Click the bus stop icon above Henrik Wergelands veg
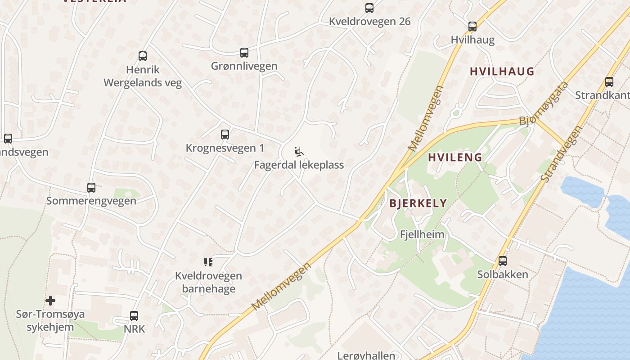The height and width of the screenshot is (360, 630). point(143,56)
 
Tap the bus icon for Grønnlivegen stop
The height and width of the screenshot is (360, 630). point(244,53)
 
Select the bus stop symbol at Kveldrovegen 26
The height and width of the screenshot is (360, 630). point(369,8)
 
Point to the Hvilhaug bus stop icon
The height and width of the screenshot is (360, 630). point(472,27)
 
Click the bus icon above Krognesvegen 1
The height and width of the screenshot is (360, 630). point(225,135)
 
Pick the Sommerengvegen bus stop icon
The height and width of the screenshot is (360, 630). point(91,188)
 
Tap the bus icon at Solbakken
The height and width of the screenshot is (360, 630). point(503,261)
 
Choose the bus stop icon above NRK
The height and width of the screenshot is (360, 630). point(134,316)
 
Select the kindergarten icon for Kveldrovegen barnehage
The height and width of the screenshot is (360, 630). point(208,262)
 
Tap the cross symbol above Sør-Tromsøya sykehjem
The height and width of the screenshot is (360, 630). point(50,300)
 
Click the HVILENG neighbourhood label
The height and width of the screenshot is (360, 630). point(455,157)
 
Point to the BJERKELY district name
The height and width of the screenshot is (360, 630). point(418,203)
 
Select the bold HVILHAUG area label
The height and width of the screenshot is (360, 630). point(502,72)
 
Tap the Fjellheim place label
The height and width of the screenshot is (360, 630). point(422,234)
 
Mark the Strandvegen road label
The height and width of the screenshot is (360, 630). point(561,154)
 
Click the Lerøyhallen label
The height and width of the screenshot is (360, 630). point(366,355)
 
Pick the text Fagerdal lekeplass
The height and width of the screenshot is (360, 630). point(299,165)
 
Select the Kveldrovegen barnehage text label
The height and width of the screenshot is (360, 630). point(208,282)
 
